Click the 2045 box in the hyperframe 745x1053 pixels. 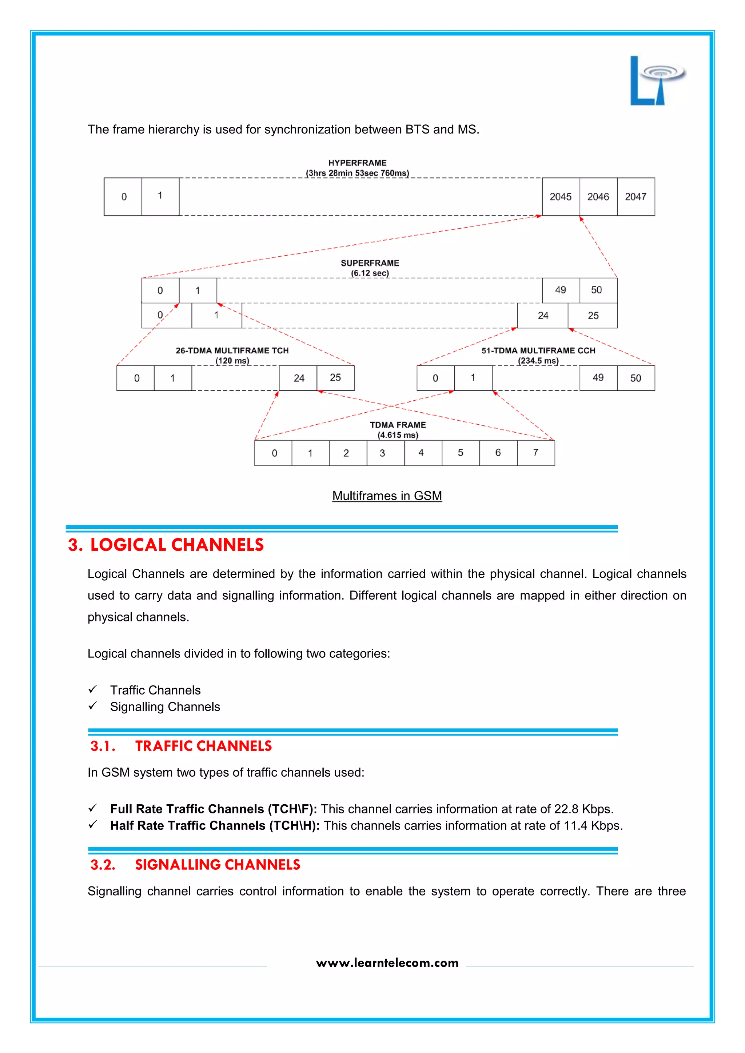tap(561, 197)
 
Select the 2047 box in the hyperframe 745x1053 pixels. tap(636, 197)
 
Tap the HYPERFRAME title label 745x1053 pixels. tap(357, 163)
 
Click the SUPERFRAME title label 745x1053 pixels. tap(370, 263)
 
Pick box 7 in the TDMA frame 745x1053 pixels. tap(536, 453)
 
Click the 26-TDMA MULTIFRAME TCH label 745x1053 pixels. tap(232, 351)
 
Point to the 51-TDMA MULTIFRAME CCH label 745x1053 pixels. tap(538, 351)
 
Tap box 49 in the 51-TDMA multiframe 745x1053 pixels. tap(598, 378)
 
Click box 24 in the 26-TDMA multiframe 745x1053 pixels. tap(298, 378)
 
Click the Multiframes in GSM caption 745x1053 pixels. tap(387, 496)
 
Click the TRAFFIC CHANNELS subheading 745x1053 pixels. tap(203, 746)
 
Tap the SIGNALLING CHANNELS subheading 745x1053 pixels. tap(218, 865)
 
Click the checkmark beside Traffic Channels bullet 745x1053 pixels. tap(93, 689)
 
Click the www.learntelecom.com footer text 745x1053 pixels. tap(387, 963)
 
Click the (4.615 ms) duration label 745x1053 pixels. tap(398, 435)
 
